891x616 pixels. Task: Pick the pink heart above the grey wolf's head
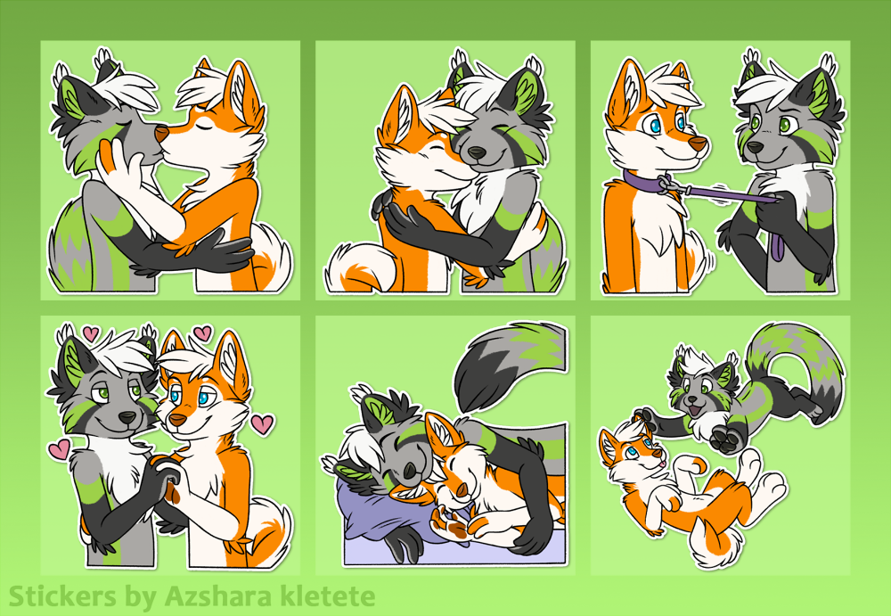[90, 333]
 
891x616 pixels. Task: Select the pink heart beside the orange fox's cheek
[262, 423]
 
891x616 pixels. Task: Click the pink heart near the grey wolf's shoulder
[59, 448]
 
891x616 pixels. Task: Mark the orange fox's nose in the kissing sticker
[161, 135]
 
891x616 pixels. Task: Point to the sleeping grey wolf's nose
[410, 469]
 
